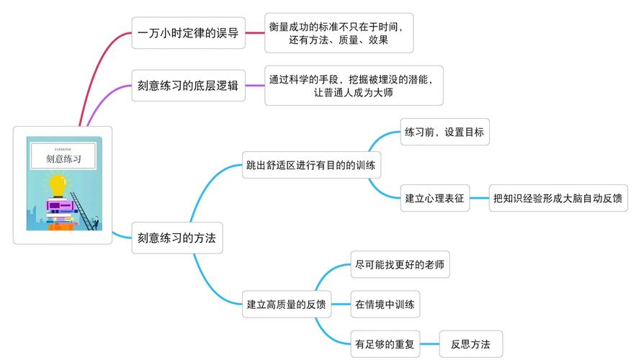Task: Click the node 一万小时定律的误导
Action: (x=188, y=32)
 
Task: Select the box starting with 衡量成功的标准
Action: (x=339, y=33)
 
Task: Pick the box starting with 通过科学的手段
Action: (x=354, y=86)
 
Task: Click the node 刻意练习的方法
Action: (x=176, y=238)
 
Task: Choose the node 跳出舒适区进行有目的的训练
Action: (x=310, y=166)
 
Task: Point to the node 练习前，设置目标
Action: (x=444, y=132)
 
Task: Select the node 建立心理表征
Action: (x=434, y=198)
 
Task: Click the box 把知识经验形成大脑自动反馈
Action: (x=557, y=198)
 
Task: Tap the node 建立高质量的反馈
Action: (x=286, y=304)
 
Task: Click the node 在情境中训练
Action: (x=385, y=304)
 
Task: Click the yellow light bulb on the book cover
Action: (x=58, y=184)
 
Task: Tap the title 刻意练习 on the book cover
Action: (x=63, y=157)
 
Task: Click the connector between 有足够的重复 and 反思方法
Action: (x=430, y=344)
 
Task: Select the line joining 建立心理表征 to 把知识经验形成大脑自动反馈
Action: (x=480, y=198)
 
